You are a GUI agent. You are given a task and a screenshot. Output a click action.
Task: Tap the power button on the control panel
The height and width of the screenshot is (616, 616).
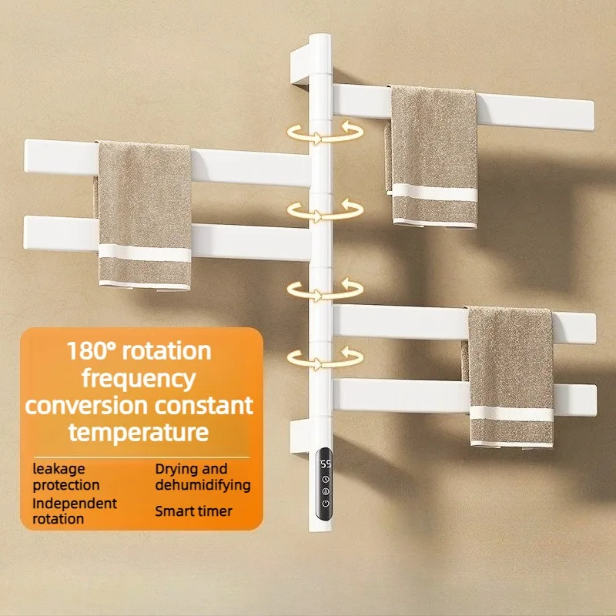pyautogui.click(x=325, y=504)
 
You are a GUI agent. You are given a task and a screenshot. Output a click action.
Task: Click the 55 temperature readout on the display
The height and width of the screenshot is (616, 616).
pyautogui.click(x=325, y=464)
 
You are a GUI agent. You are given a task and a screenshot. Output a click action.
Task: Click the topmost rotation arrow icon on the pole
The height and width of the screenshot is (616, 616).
pyautogui.click(x=325, y=132)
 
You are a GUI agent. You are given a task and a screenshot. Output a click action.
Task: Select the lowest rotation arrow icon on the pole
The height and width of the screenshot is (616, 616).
pyautogui.click(x=325, y=358)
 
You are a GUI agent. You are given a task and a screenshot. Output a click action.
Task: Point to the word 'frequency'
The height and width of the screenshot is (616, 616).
pyautogui.click(x=139, y=379)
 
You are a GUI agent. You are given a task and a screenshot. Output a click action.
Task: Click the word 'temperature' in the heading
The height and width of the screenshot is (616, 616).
pyautogui.click(x=139, y=432)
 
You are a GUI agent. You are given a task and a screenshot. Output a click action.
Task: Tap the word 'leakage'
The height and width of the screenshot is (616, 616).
pyautogui.click(x=59, y=469)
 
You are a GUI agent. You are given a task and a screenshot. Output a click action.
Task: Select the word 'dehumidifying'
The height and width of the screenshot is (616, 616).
pyautogui.click(x=203, y=485)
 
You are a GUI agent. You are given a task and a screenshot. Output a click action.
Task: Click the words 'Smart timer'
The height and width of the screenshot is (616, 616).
pyautogui.click(x=193, y=511)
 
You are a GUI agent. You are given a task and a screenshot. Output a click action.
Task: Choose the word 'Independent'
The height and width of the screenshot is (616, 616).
pyautogui.click(x=75, y=504)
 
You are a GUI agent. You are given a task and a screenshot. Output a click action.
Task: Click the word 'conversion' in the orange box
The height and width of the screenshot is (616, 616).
pyautogui.click(x=86, y=406)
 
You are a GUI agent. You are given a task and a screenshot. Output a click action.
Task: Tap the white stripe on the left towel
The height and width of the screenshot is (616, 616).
pyautogui.click(x=145, y=253)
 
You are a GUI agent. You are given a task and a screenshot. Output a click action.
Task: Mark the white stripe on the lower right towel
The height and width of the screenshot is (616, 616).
pyautogui.click(x=511, y=413)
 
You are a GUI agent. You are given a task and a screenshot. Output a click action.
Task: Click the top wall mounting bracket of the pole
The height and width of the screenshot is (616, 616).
pyautogui.click(x=300, y=65)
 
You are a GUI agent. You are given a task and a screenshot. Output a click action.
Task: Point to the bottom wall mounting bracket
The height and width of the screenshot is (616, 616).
pyautogui.click(x=300, y=437)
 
